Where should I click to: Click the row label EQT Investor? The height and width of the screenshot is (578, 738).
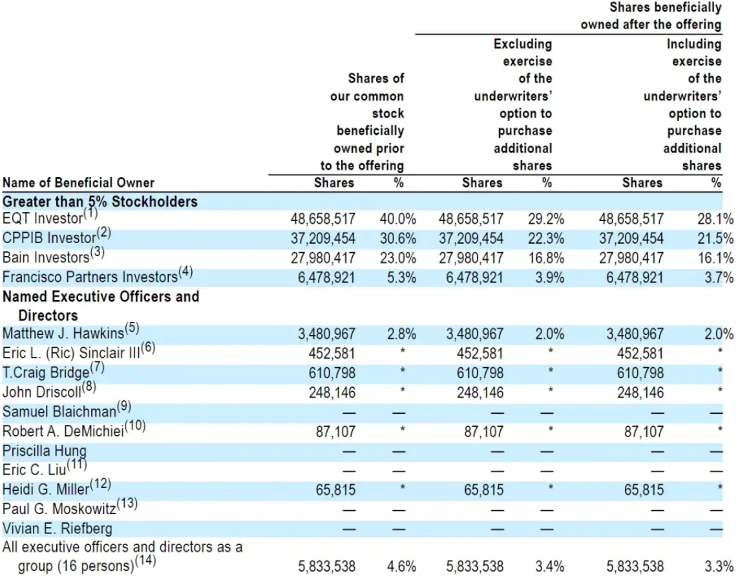pos(43,219)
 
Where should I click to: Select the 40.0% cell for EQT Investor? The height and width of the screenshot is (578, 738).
pos(397,219)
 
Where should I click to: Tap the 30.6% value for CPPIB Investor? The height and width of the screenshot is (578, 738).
pos(397,239)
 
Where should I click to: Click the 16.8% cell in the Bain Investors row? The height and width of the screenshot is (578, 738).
pos(546,258)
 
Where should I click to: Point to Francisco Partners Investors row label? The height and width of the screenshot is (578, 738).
pos(90,277)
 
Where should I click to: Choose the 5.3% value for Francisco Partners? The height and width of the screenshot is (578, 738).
pos(401,277)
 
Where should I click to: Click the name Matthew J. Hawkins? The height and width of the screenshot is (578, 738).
pos(63,334)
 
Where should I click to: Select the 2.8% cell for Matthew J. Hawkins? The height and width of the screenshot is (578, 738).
pos(401,334)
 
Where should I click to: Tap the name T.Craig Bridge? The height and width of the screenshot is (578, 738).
pos(46,372)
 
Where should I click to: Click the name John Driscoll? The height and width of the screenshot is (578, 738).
pos(42,392)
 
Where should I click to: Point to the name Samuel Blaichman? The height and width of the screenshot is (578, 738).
pos(59,411)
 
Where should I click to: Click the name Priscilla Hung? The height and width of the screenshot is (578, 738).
pos(44,451)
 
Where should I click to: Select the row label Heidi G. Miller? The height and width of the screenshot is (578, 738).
pos(46,489)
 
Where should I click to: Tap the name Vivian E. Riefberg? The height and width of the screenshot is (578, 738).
pos(58,528)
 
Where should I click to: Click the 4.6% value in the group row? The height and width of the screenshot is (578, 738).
pos(401,566)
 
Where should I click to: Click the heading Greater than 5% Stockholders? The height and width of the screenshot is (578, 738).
pos(100,202)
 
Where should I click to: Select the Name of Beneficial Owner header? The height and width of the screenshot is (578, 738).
pos(78,183)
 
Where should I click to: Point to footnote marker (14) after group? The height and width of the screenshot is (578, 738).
pos(145,561)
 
